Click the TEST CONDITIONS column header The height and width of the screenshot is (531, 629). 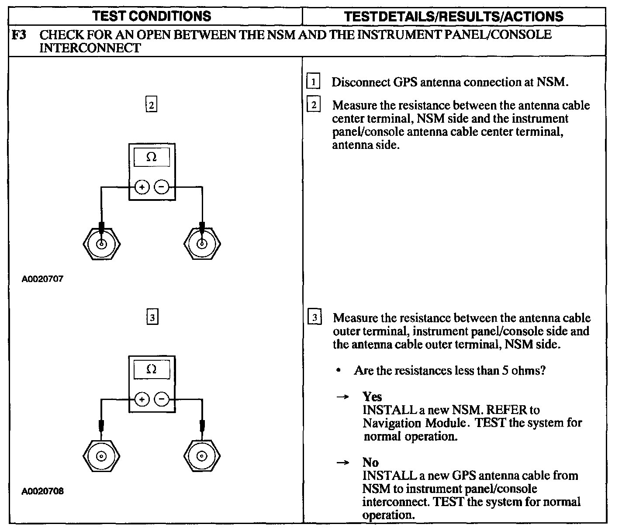(x=152, y=16)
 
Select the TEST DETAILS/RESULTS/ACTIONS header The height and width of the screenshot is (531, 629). (x=453, y=17)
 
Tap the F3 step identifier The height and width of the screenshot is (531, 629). (x=19, y=35)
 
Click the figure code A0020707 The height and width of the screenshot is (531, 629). (x=42, y=279)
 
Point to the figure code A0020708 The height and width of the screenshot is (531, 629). (x=42, y=491)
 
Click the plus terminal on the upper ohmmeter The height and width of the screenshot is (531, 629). (x=142, y=187)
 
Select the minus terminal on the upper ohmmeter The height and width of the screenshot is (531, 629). (x=162, y=187)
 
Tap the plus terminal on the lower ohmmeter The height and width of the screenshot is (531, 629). (x=142, y=399)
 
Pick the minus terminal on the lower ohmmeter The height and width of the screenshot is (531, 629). (x=162, y=399)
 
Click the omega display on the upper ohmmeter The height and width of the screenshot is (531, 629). (x=152, y=157)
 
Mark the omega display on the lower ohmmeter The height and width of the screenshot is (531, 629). (x=152, y=369)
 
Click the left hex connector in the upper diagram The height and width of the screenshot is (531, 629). (x=101, y=244)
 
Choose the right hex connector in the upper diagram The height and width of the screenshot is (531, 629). (x=202, y=244)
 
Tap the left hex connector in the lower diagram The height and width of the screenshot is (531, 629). (x=101, y=456)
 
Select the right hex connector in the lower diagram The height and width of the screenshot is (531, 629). (x=202, y=456)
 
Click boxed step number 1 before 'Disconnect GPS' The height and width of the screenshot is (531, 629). (x=314, y=82)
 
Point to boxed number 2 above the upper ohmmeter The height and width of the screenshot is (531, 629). (x=151, y=105)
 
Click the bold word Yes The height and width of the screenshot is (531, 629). (x=372, y=397)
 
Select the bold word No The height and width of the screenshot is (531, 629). (x=370, y=462)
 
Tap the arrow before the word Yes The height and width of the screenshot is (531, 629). (x=343, y=397)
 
